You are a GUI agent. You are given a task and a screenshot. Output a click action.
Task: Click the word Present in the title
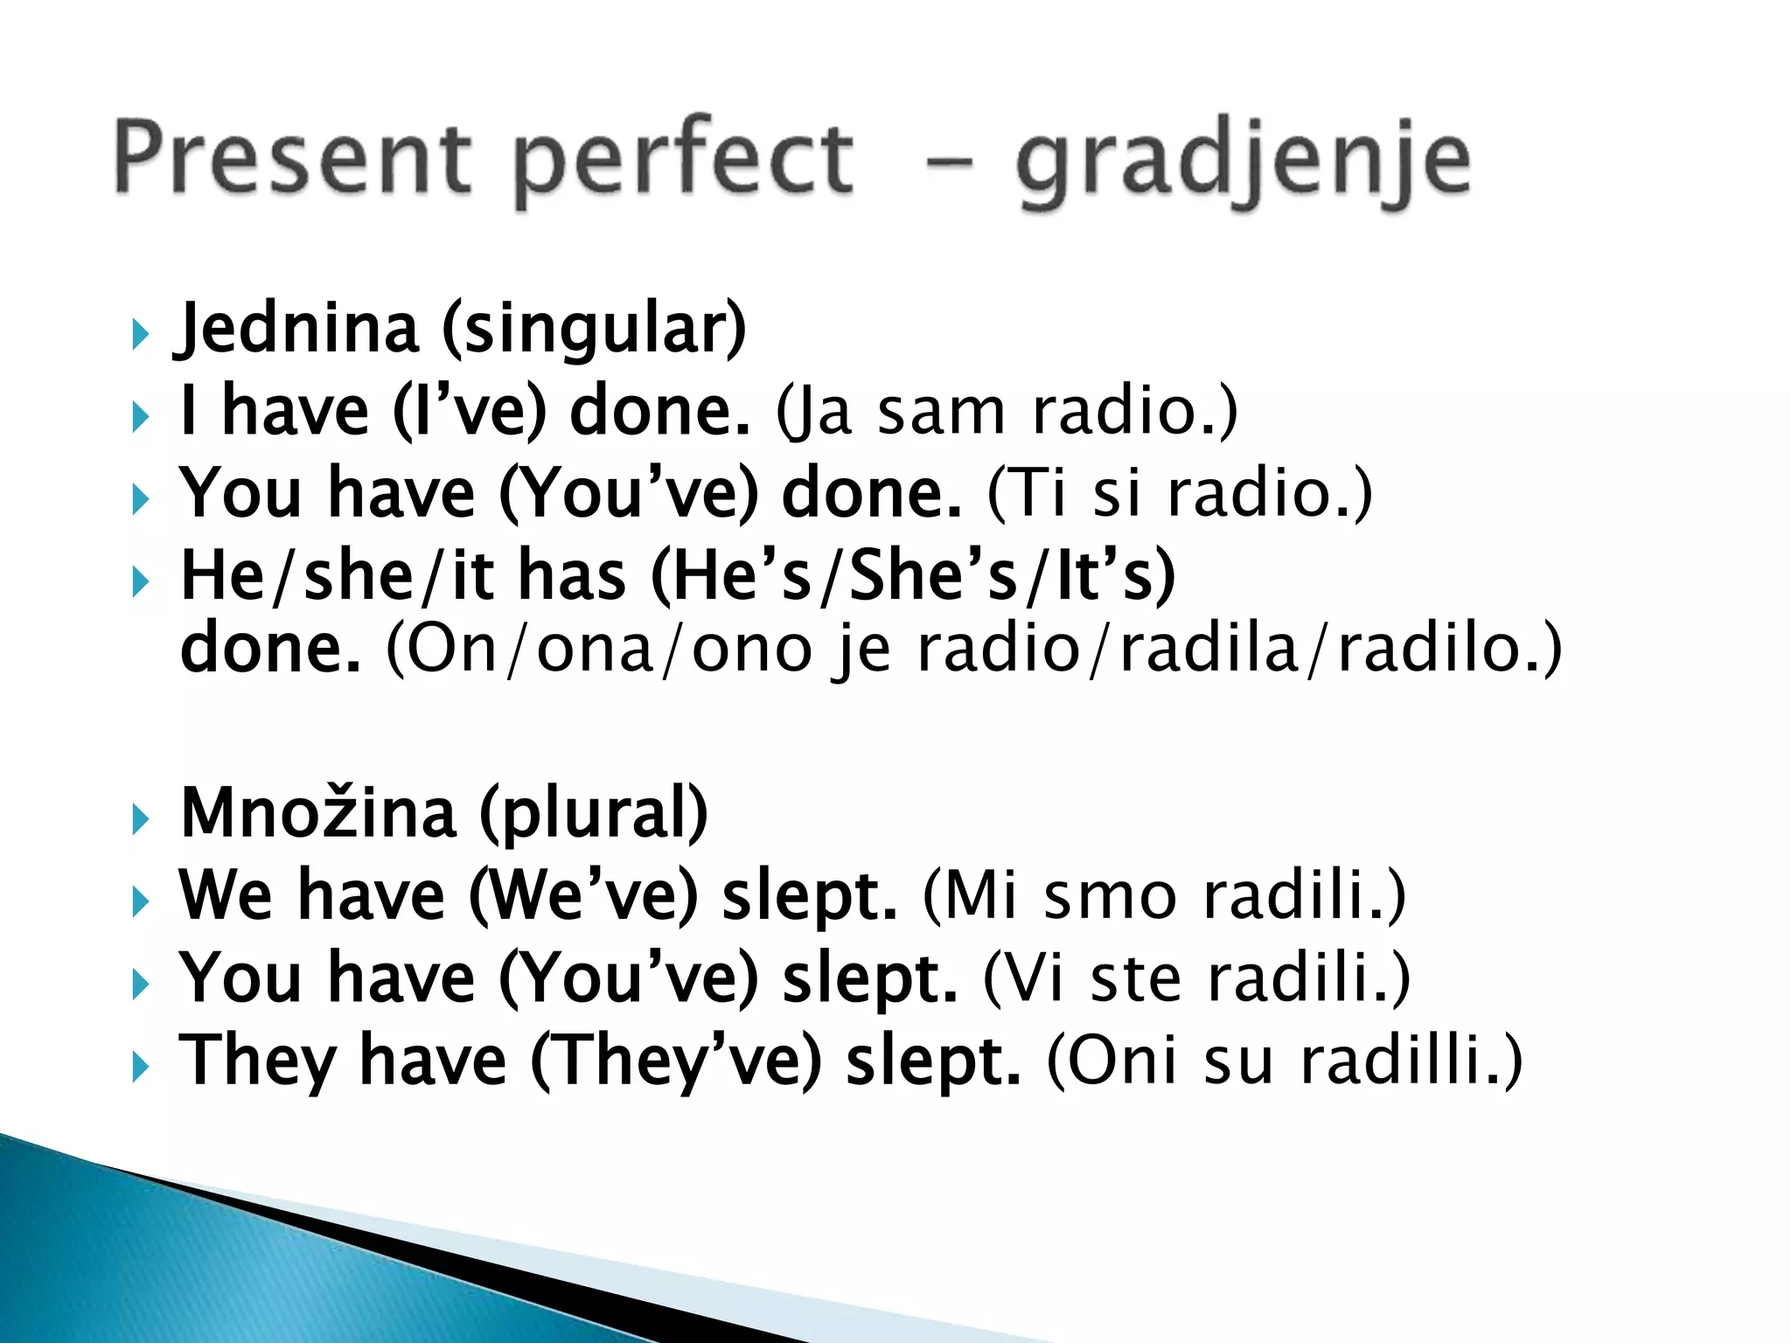(x=293, y=157)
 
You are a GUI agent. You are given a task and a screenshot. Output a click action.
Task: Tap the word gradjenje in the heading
(x=1242, y=162)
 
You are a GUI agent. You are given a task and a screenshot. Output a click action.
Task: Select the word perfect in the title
(x=682, y=162)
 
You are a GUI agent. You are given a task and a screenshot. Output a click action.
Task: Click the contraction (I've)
(x=469, y=411)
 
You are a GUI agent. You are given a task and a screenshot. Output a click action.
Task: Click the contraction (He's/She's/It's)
(x=914, y=575)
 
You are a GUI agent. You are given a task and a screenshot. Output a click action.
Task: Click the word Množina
(x=318, y=813)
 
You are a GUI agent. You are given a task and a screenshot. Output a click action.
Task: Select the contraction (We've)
(x=583, y=895)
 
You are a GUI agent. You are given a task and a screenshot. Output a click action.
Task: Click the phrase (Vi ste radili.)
(x=1197, y=978)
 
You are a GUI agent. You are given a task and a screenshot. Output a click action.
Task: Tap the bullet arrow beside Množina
(x=140, y=820)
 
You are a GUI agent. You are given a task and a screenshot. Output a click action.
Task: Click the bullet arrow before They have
(x=140, y=1067)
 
